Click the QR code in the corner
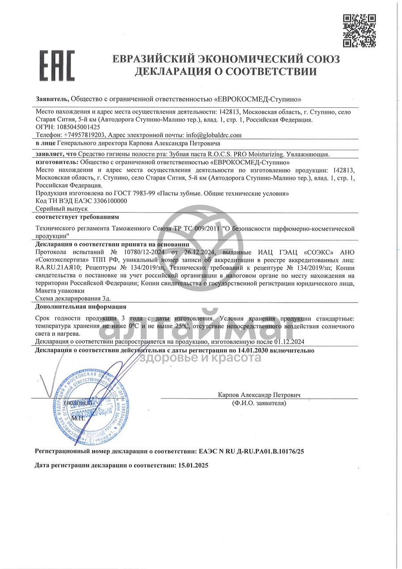click(359, 30)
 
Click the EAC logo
click(57, 65)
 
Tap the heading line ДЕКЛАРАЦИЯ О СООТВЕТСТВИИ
click(226, 72)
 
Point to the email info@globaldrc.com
click(213, 135)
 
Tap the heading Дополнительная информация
click(80, 307)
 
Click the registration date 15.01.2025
click(193, 465)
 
